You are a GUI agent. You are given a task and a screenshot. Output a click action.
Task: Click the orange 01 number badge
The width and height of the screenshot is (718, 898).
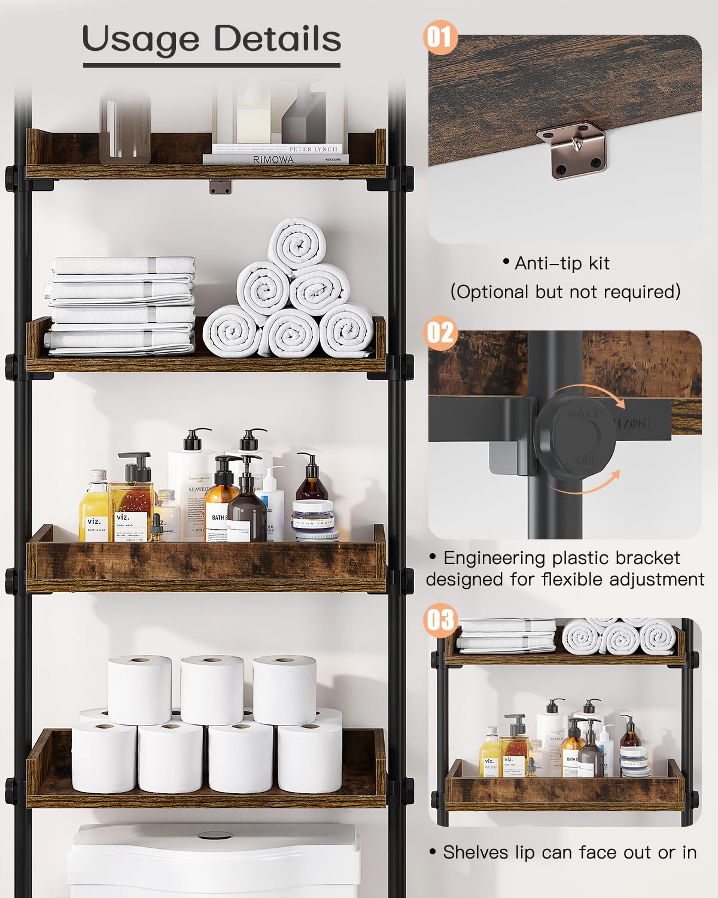pyautogui.click(x=440, y=37)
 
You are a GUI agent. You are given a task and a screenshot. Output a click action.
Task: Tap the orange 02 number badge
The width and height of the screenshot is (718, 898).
pyautogui.click(x=440, y=332)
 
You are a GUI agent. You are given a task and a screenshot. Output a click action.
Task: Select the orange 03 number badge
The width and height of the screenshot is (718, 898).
pyautogui.click(x=440, y=620)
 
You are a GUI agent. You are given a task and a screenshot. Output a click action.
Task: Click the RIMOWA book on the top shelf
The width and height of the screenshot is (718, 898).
pyautogui.click(x=274, y=159)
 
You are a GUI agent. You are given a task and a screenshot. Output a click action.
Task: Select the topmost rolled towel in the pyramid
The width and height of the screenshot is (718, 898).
pyautogui.click(x=297, y=245)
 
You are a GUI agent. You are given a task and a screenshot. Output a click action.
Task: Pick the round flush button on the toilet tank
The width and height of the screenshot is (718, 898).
pyautogui.click(x=211, y=834)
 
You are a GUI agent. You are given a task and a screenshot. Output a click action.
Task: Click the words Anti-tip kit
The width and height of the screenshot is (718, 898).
pyautogui.click(x=562, y=263)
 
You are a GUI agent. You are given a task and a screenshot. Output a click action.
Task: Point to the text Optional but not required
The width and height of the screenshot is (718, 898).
pyautogui.click(x=565, y=292)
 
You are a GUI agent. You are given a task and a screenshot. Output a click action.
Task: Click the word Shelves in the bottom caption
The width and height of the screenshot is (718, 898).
pyautogui.click(x=476, y=853)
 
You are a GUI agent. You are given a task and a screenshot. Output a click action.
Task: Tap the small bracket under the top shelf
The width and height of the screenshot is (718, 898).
pyautogui.click(x=220, y=187)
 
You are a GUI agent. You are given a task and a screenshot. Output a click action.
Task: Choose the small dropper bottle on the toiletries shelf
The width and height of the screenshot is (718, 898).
pyautogui.click(x=158, y=527)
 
